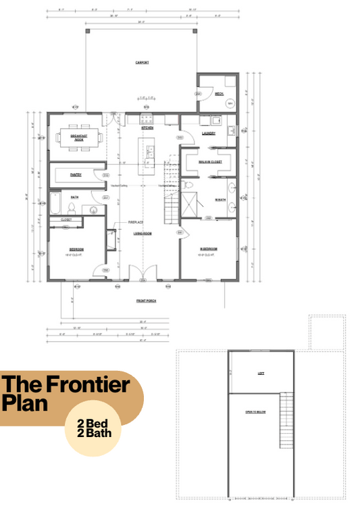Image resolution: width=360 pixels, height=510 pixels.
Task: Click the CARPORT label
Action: click(x=141, y=62)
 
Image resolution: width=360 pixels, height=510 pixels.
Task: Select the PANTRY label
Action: click(x=76, y=175)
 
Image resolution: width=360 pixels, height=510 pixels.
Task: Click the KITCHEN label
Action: click(x=147, y=128)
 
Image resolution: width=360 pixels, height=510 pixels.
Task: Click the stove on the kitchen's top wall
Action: click(x=146, y=119)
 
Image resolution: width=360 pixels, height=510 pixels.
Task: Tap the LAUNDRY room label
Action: click(x=209, y=133)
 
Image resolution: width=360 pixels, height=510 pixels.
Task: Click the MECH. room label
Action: click(x=219, y=94)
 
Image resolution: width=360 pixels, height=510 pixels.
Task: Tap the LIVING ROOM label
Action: click(x=141, y=234)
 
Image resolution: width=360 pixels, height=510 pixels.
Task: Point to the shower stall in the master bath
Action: click(x=192, y=203)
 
